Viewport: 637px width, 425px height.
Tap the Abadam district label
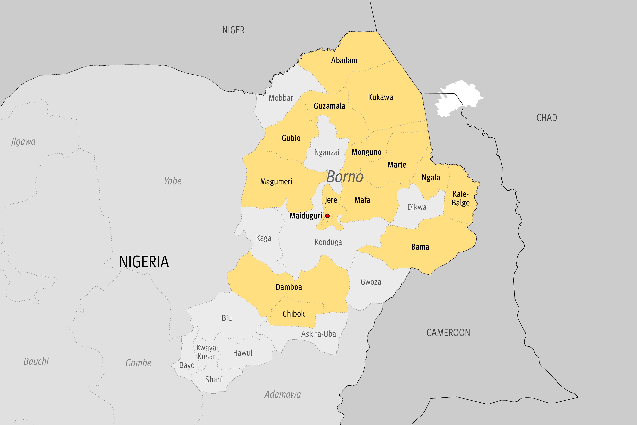344,61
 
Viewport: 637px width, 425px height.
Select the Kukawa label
380,97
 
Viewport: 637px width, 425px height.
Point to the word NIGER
233,30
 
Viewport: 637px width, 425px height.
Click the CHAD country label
546,118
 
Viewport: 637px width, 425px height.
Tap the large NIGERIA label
144,262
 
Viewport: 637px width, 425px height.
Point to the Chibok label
294,314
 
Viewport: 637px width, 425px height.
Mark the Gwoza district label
371,282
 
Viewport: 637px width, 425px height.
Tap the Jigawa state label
23,141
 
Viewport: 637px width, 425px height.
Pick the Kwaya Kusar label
206,352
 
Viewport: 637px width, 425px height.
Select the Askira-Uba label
318,334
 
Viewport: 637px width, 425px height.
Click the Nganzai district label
327,152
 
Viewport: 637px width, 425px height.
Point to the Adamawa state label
282,394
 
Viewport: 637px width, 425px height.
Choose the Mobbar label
281,98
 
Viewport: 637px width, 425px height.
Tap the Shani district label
214,379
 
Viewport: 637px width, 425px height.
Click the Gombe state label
138,363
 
